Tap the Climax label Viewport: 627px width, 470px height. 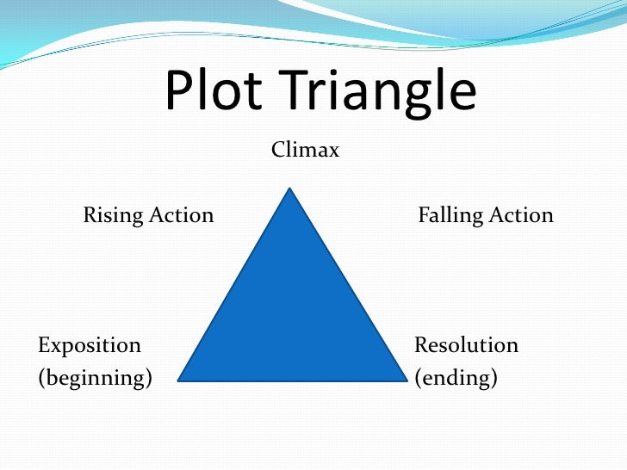pos(306,151)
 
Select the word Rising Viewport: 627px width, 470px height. pos(113,215)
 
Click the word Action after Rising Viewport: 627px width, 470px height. pos(181,214)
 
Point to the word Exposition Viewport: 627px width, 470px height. pos(90,346)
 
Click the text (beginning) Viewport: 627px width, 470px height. pos(95,377)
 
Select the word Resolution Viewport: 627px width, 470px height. pos(466,345)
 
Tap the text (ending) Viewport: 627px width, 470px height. pos(456,377)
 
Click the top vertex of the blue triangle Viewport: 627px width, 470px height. pos(290,189)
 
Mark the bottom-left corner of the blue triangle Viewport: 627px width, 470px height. pos(178,380)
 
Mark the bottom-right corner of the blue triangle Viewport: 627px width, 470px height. pos(406,380)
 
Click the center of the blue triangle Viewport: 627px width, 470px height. pos(291,316)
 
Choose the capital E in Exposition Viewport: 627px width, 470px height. pos(43,345)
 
